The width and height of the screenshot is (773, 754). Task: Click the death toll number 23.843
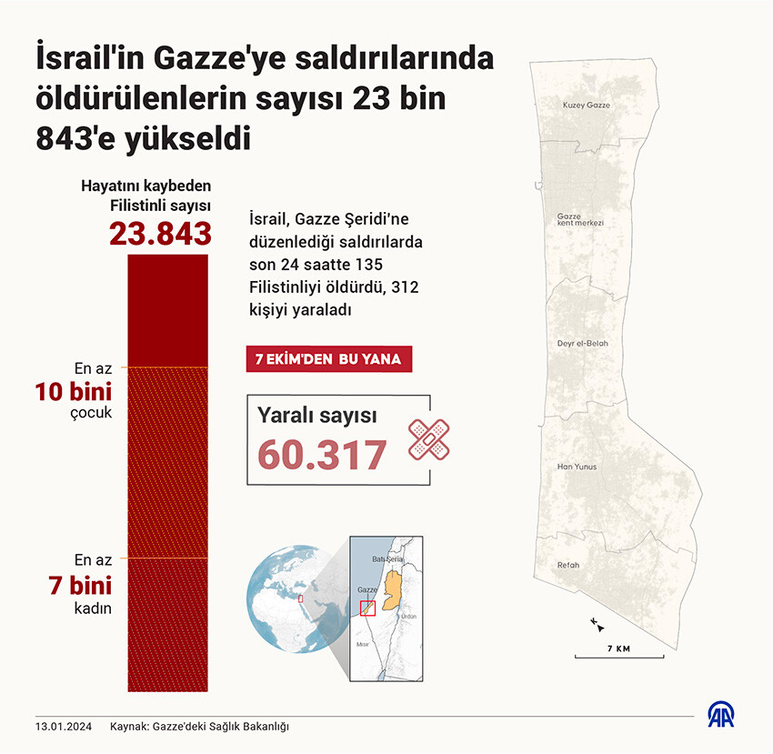[x=160, y=233]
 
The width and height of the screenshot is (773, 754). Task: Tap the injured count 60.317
[x=322, y=455]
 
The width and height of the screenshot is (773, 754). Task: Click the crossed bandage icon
[x=428, y=439]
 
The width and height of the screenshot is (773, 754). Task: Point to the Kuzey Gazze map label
[x=587, y=106]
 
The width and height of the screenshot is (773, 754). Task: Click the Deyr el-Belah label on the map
[x=582, y=343]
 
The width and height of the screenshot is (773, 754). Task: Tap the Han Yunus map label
[x=577, y=467]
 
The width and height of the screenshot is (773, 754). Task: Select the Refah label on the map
[x=568, y=565]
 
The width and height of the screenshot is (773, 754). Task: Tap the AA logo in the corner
[x=724, y=715]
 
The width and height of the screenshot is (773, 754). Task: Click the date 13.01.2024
[x=64, y=727]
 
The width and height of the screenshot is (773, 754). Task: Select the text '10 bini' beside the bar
[x=74, y=393]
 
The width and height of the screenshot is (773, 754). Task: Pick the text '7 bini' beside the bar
[x=80, y=585]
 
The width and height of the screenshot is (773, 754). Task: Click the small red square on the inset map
[x=367, y=608]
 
